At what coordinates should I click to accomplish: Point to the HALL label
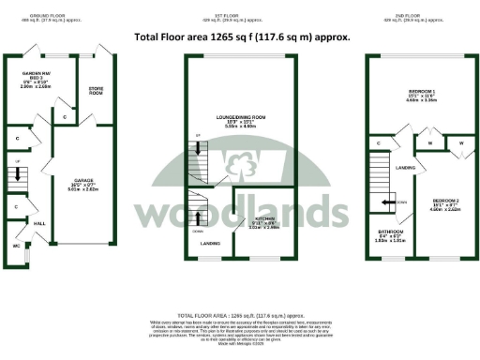point(39,224)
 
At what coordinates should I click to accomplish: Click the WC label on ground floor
point(16,246)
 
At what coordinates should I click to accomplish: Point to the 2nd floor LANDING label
point(406,168)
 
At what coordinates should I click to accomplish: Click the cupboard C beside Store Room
point(64,117)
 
